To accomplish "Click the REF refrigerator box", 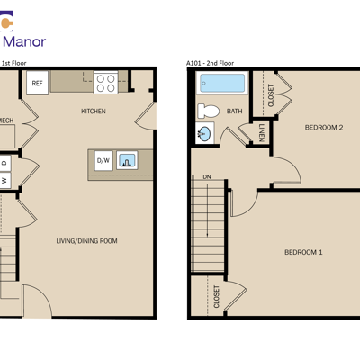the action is pos(37,83).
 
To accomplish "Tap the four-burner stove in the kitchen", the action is pos(105,83).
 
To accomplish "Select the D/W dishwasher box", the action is pos(103,161).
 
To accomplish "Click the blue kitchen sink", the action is pos(127,160).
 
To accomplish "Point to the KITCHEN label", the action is pos(94,112).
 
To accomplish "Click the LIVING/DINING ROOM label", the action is pos(86,241).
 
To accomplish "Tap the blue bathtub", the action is pos(222,83).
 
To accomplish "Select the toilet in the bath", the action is pos(208,112).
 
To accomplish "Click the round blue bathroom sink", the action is pos(205,133).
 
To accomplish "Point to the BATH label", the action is pos(235,112).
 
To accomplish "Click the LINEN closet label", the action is pos(261,132).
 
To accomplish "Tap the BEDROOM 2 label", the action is pos(324,128).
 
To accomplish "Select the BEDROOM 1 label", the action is pos(303,252).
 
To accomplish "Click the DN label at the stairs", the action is pos(207,177).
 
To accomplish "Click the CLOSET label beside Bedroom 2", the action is pos(271,95).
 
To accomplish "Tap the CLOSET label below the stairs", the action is pos(216,297).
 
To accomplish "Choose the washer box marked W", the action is pos(4,181).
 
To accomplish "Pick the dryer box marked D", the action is pos(4,163).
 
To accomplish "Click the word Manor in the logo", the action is pos(24,41).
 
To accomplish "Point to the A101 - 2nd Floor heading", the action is pos(210,63).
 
